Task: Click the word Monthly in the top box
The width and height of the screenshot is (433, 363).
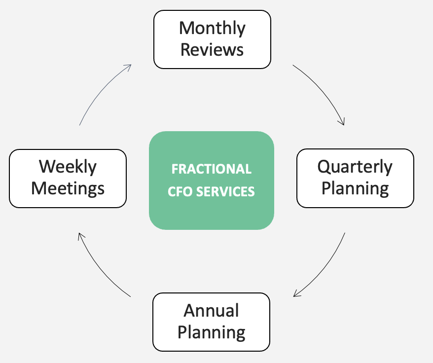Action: pos(212,29)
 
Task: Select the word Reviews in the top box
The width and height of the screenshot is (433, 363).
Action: pos(212,50)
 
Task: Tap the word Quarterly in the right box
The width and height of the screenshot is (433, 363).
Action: pos(355,167)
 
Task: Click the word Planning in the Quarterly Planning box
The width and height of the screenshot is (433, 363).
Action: pos(355,188)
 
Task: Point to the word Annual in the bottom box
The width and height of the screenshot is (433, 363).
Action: pos(211,311)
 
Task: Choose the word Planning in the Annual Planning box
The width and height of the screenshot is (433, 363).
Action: pos(211,332)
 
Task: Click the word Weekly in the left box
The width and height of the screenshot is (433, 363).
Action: pos(68,167)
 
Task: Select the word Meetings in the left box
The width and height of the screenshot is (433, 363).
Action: pos(68,188)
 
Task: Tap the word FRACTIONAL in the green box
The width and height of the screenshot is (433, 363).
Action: pos(211,169)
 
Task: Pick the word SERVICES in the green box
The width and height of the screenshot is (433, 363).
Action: pos(226,191)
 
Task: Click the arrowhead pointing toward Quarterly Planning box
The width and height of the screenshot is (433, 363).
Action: pos(342,122)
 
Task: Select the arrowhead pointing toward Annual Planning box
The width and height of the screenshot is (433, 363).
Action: pos(296,294)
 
